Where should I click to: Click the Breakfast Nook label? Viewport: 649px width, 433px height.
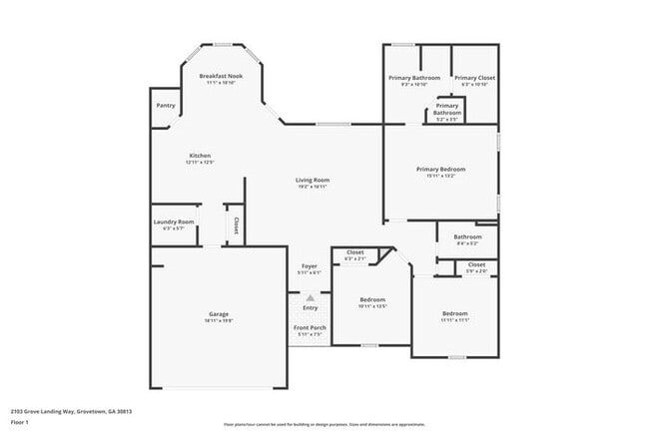tap(221, 76)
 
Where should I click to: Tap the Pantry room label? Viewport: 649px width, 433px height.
tap(166, 105)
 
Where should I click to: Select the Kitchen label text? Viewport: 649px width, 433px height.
tap(200, 156)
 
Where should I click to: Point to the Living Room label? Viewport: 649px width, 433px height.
tap(313, 180)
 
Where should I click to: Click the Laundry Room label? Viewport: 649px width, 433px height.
tap(174, 221)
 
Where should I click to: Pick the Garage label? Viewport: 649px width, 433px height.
tap(219, 314)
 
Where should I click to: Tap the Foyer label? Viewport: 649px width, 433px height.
tap(310, 266)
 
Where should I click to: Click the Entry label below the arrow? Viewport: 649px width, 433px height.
tap(310, 307)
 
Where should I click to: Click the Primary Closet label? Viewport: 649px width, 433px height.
tap(474, 78)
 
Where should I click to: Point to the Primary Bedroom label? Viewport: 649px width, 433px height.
tap(440, 169)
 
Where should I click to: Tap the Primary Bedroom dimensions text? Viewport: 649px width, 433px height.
tap(440, 177)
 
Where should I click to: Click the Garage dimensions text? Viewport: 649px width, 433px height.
tap(219, 321)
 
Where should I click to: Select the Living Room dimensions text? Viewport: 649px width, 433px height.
tap(313, 187)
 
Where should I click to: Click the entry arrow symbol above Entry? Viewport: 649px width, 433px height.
tap(310, 297)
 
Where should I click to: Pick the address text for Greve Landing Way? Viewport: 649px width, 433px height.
tap(72, 410)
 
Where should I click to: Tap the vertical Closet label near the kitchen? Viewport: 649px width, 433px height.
tap(236, 224)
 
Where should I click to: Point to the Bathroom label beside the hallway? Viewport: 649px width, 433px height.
tap(467, 236)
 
